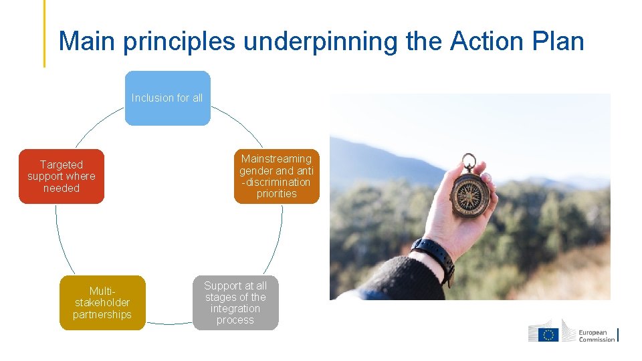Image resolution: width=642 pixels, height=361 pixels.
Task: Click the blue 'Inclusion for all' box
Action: (167, 98)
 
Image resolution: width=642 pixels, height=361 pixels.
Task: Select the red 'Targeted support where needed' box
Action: (62, 176)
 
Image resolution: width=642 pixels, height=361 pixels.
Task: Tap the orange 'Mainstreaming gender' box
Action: (276, 176)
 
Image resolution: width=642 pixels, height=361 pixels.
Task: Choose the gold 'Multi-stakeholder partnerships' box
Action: (102, 303)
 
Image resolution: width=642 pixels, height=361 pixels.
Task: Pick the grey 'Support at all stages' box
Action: (235, 303)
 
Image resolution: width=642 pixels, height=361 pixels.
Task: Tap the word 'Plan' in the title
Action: (558, 41)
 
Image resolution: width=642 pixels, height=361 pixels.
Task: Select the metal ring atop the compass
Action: (469, 161)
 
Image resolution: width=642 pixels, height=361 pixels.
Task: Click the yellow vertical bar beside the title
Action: (45, 33)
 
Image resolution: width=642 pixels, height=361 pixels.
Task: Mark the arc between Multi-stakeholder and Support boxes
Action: (169, 323)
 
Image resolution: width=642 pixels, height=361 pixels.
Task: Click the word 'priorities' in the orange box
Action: (276, 194)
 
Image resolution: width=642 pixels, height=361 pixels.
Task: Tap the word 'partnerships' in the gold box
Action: (102, 315)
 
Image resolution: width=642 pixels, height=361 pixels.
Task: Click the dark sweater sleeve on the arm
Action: (395, 281)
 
